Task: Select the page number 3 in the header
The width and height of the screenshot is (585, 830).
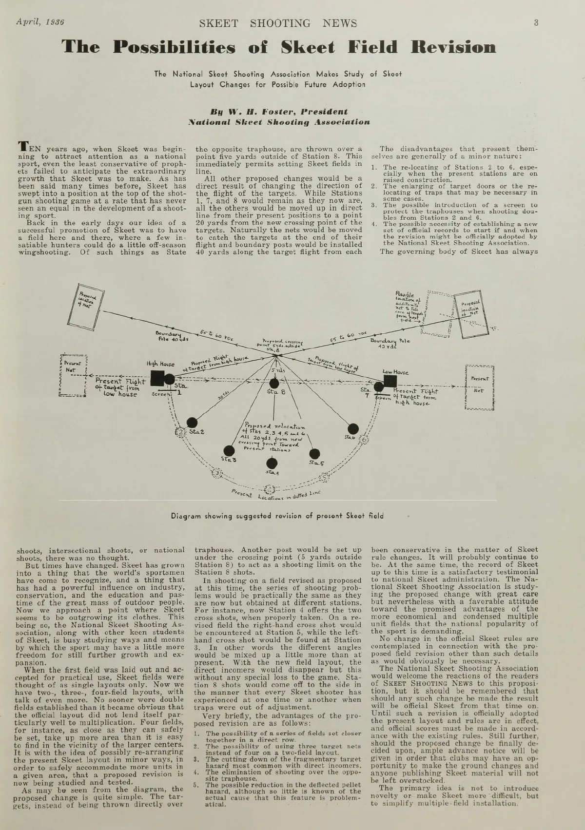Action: pyautogui.click(x=536, y=22)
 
